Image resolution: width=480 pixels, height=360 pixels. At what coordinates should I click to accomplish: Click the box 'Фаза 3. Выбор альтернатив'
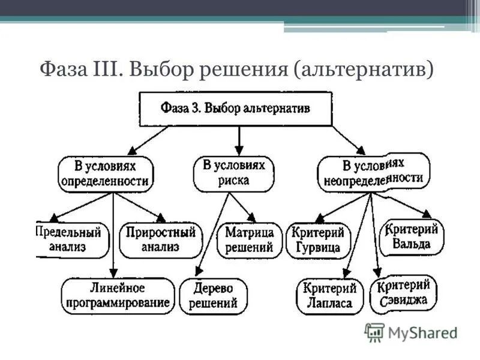pos(236,109)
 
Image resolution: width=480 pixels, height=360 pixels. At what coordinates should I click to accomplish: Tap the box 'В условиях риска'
pos(233,173)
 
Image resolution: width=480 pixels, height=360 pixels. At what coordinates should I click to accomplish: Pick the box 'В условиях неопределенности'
pos(373,173)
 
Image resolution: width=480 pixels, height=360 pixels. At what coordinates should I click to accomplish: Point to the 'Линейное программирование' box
pos(118,295)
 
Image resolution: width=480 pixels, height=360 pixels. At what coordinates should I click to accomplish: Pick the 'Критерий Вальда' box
pos(413,236)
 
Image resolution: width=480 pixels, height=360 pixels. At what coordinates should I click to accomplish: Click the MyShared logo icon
pos(374,332)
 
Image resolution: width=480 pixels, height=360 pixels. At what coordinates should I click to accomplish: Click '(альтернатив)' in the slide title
pos(364,70)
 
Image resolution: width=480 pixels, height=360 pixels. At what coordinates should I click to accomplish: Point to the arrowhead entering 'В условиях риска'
pos(239,151)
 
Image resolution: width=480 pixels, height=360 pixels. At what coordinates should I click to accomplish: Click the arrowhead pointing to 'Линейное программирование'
pos(113,274)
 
